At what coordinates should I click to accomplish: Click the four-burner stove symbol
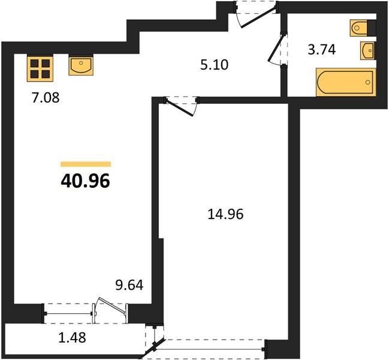click(x=40, y=69)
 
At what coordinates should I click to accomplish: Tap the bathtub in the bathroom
click(x=346, y=82)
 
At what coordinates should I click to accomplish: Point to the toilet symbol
click(x=359, y=28)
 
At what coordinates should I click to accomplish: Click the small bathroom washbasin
click(x=367, y=50)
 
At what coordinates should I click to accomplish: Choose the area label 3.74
click(x=322, y=49)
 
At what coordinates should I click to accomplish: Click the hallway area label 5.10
click(x=214, y=65)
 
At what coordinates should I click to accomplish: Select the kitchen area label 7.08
click(x=46, y=98)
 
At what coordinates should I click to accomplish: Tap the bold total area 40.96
click(x=85, y=181)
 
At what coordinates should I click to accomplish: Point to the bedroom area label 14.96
click(x=225, y=214)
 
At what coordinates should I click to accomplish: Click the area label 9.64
click(x=129, y=285)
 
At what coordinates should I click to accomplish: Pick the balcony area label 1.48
click(x=72, y=337)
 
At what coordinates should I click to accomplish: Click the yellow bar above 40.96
click(x=86, y=164)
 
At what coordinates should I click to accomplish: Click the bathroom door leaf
click(x=276, y=48)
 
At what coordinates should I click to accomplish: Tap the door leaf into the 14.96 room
click(x=179, y=107)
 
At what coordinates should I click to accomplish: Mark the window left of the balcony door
click(x=68, y=314)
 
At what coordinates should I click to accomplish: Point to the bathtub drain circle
click(x=368, y=82)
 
